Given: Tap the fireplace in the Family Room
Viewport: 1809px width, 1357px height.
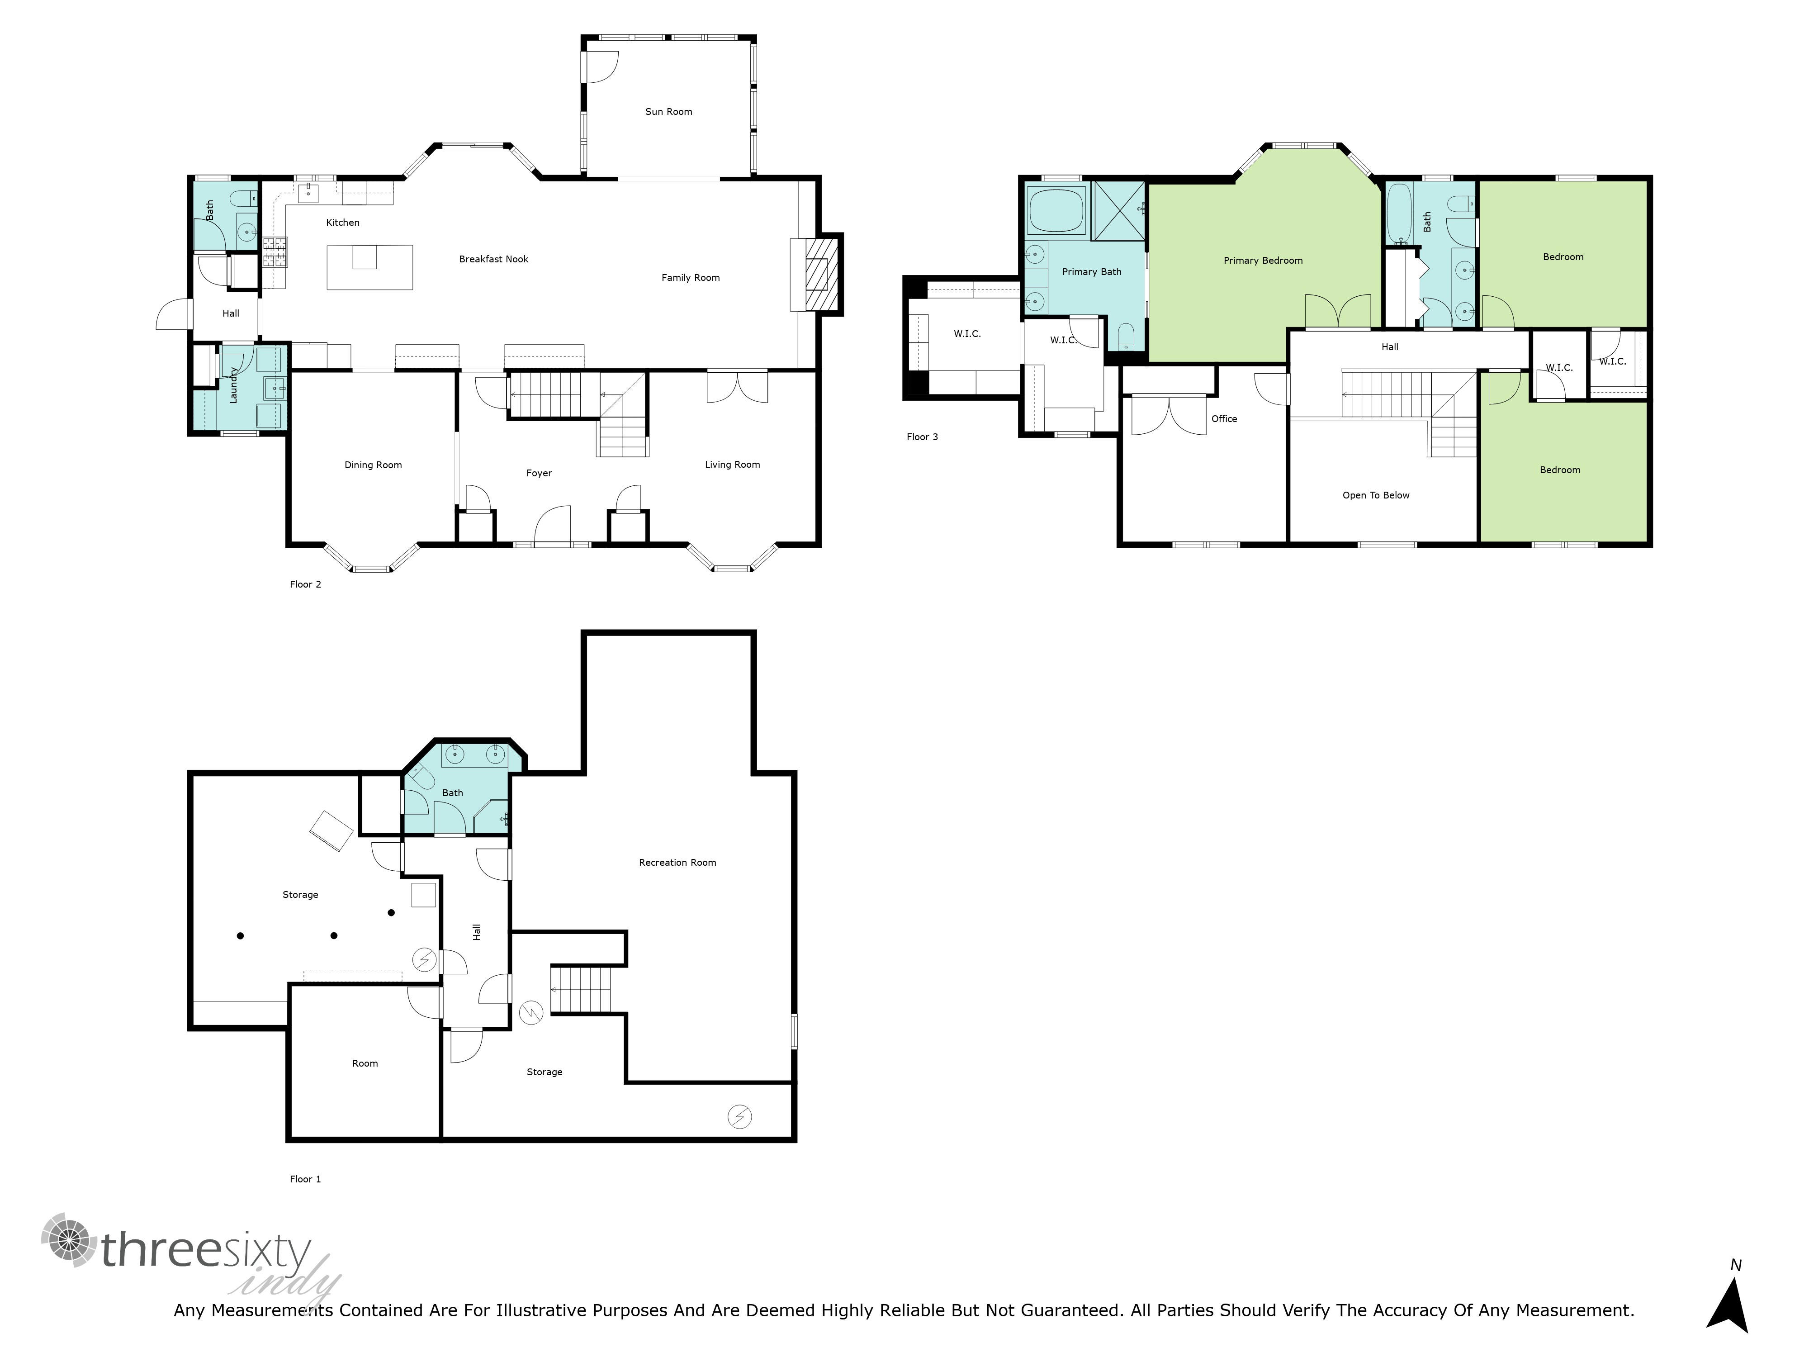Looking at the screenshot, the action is pos(822,274).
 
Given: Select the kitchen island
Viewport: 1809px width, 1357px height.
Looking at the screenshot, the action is pos(369,267).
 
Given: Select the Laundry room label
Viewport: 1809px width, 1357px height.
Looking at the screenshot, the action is pos(233,384).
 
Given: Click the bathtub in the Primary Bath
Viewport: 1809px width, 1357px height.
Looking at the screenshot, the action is pos(1056,210).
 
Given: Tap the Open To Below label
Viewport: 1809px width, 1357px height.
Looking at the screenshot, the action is pos(1376,496).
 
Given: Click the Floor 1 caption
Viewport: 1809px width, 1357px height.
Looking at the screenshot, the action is pos(305,1180).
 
